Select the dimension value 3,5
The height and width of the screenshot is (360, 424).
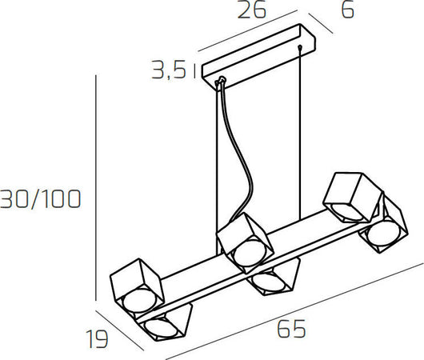point(169,72)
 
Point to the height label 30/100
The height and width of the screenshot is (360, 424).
point(40,199)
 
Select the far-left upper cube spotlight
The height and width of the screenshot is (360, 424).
point(134,284)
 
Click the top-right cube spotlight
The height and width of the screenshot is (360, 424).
point(348,198)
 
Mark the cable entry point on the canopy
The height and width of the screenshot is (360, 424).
point(221,80)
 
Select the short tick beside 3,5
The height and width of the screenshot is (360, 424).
point(194,72)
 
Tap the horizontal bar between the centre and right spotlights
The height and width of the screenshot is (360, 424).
point(312,240)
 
